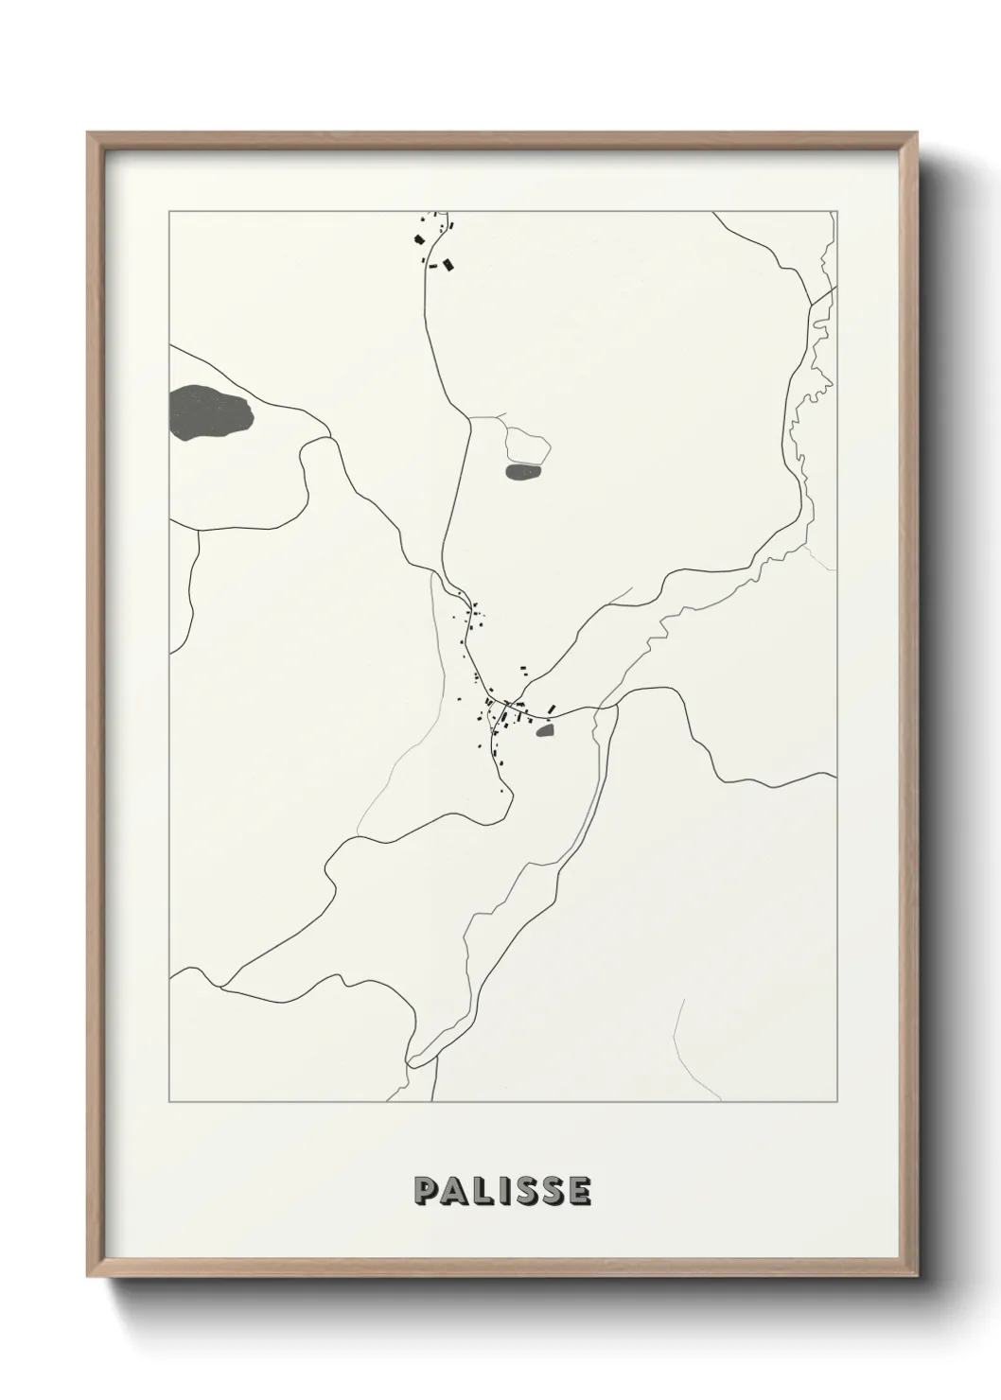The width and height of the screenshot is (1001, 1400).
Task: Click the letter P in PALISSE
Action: (425, 1191)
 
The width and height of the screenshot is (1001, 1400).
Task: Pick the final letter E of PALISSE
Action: (579, 1191)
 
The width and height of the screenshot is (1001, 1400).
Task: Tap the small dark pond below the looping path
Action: (523, 471)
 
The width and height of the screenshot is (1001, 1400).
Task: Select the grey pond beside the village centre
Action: (544, 729)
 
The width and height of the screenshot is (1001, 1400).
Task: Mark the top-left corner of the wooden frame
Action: (88, 133)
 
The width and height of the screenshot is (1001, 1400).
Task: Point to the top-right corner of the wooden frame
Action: (915, 133)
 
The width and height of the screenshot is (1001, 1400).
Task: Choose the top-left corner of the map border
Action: (169, 212)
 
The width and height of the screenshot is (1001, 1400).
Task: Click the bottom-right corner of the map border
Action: (836, 1102)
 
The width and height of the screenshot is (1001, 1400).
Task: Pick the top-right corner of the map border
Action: (836, 212)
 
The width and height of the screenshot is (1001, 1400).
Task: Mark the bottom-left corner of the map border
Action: (169, 1102)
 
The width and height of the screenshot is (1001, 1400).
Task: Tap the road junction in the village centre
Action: (508, 703)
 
